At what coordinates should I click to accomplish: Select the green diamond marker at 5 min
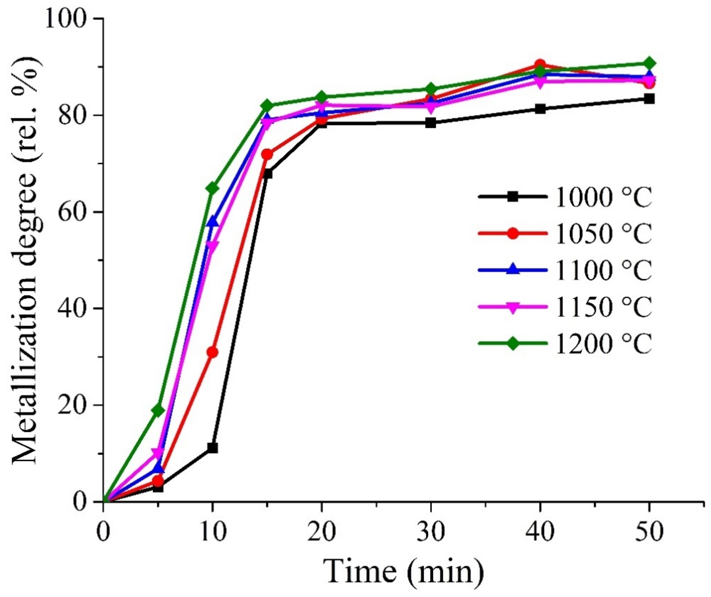(158, 411)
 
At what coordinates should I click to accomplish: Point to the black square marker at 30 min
(431, 123)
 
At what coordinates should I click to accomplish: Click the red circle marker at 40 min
(540, 64)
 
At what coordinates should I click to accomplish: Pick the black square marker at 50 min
(649, 99)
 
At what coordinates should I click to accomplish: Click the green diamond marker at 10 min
(212, 189)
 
